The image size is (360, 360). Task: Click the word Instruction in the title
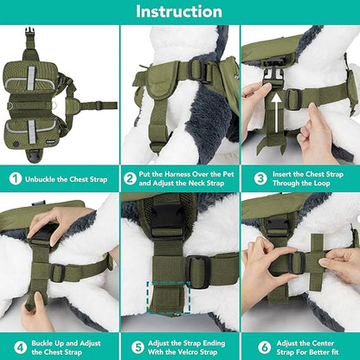click(x=180, y=12)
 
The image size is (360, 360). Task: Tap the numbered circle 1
click(x=15, y=179)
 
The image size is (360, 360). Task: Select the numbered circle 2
click(x=135, y=179)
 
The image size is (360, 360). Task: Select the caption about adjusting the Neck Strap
click(x=188, y=179)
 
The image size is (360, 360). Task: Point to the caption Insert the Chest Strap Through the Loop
click(x=309, y=179)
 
